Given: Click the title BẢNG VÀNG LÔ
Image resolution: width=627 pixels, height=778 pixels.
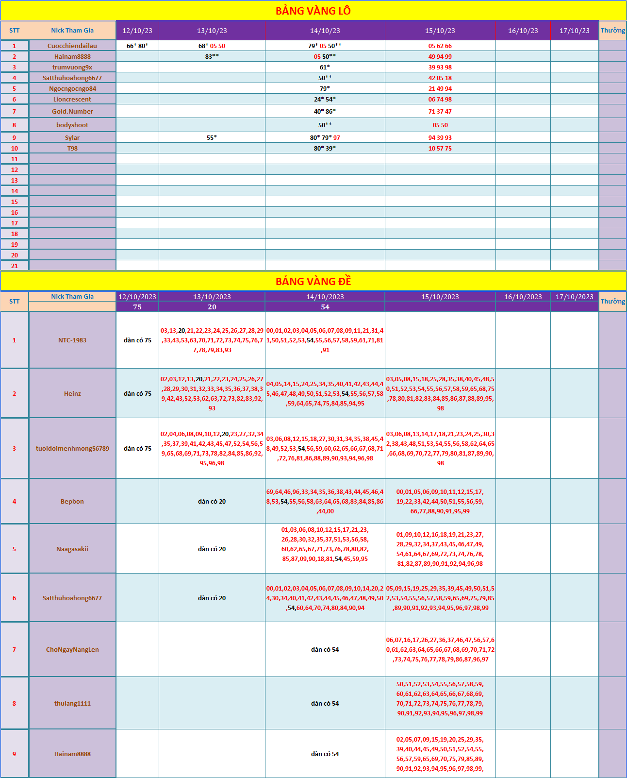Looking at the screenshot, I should (x=313, y=11).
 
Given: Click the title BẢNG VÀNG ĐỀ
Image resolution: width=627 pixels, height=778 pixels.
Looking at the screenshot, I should (x=313, y=281).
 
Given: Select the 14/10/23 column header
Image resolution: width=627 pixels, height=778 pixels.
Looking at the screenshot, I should (x=325, y=31).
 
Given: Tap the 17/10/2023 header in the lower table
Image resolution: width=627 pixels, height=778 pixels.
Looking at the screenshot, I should (x=574, y=297).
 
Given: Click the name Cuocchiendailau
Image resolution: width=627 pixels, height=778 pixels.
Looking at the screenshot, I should (x=72, y=46).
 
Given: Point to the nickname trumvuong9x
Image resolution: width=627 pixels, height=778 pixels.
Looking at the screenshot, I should (x=72, y=67).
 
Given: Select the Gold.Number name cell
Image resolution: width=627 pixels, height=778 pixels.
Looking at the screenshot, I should (x=72, y=111).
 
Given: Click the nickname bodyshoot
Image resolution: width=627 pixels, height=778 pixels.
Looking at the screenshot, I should (x=72, y=125).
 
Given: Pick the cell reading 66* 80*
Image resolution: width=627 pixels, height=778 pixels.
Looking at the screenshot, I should (x=137, y=46).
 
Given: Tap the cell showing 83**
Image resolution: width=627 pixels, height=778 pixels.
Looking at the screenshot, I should (x=212, y=56).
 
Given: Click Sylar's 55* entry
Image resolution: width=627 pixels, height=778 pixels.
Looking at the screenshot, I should (x=212, y=137).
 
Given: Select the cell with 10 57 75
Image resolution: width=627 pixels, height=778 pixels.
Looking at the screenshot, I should (x=440, y=148).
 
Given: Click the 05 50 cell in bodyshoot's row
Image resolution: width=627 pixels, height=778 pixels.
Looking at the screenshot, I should (x=440, y=125).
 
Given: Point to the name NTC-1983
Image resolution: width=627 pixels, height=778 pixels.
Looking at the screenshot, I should (x=72, y=340).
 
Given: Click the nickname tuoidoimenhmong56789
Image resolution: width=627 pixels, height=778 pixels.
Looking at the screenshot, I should (x=72, y=448).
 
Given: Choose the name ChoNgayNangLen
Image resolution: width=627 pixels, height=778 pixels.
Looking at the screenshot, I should (x=72, y=649).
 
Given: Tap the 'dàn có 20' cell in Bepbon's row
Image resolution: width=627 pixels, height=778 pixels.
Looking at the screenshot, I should (x=212, y=501).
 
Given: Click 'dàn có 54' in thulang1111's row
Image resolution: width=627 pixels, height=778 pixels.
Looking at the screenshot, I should (x=325, y=703).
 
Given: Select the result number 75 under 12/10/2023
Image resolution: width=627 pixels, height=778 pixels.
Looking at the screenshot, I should (x=137, y=307).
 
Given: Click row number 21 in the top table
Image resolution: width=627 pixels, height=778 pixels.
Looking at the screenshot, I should (x=15, y=266).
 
